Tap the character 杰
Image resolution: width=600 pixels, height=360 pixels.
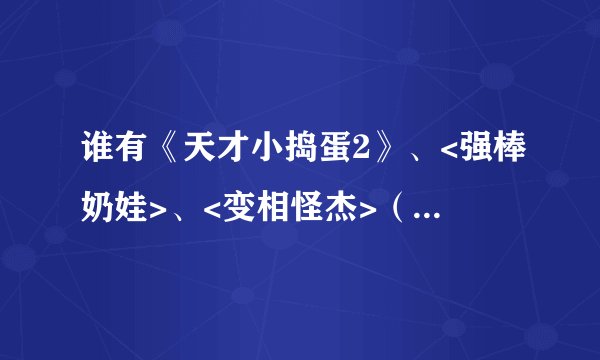click(334, 206)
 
